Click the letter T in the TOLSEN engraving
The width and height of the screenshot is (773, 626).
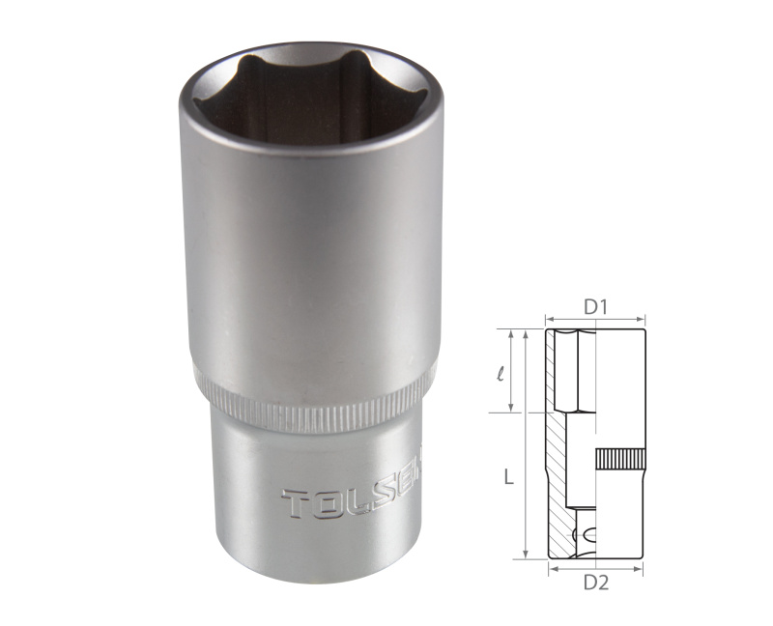point(295,503)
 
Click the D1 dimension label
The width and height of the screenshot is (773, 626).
point(594,307)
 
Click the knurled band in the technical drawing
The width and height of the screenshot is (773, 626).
point(619,459)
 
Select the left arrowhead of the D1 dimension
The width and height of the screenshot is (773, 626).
point(549,319)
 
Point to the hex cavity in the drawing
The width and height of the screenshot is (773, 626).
point(580,372)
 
